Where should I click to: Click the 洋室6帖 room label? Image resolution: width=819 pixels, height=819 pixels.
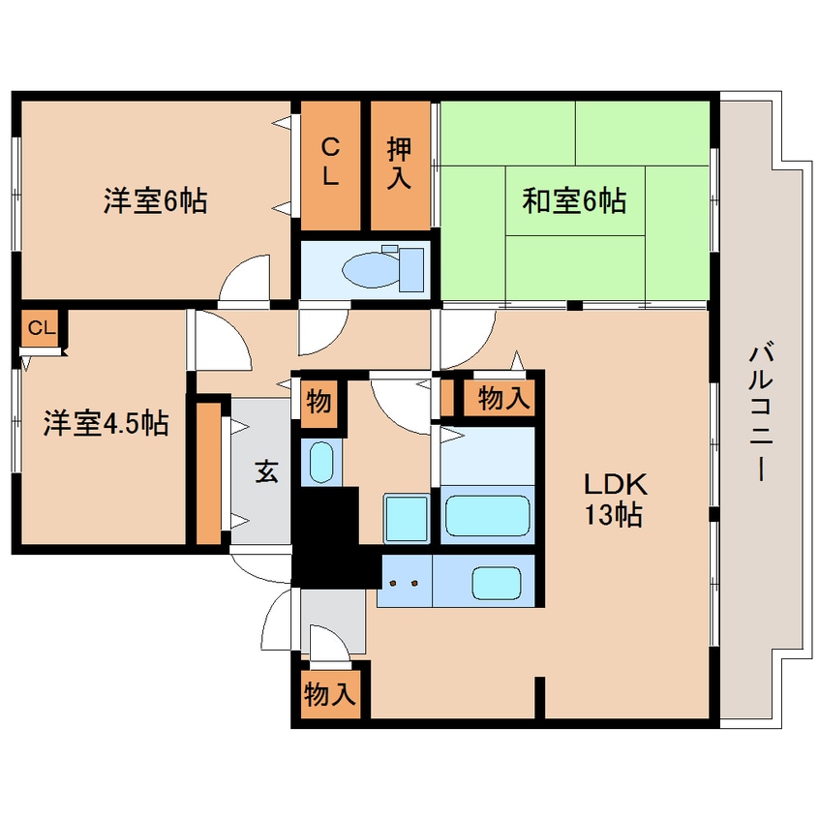point(155,200)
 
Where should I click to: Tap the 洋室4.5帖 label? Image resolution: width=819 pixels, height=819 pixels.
point(106,423)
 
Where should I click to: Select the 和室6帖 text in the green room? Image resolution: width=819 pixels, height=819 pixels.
point(574,200)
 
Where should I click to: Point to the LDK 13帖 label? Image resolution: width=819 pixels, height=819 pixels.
point(615,500)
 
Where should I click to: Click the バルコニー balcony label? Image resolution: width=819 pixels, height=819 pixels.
point(761,411)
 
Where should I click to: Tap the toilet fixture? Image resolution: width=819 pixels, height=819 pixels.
point(382,268)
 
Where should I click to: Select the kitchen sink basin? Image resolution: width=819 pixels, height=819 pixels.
point(497,583)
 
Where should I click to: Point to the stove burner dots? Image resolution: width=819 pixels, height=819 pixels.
point(404,583)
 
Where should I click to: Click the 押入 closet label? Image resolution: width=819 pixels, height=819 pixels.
point(400,164)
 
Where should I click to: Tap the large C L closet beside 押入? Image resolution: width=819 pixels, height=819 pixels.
point(330,165)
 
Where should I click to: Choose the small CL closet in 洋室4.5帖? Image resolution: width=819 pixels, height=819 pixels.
point(41,328)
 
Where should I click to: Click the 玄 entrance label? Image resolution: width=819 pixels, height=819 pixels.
point(266,471)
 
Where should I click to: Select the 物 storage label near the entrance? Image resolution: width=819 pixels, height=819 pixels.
point(319,402)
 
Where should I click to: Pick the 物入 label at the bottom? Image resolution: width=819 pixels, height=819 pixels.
point(331,694)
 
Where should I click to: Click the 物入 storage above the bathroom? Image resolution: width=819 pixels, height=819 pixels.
point(504,399)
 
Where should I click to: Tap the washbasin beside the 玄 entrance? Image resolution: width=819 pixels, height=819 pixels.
point(321,462)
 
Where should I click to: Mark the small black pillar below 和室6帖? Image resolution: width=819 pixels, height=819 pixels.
point(574,306)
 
